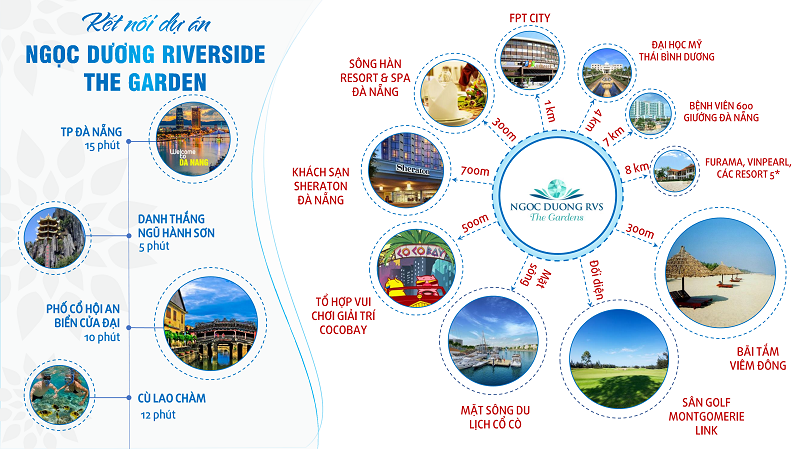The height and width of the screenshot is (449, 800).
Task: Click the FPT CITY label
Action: (x=530, y=18)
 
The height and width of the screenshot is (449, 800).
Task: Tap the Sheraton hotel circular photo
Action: (x=407, y=170)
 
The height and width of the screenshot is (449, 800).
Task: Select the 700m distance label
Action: (x=475, y=171)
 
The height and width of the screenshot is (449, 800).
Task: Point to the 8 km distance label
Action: (x=637, y=168)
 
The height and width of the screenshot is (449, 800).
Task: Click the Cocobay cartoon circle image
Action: (x=417, y=269)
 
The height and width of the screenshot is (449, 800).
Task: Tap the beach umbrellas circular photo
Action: (x=721, y=273)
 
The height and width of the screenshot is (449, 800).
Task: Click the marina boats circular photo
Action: (x=493, y=341)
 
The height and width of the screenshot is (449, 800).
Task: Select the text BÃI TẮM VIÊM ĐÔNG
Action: (x=758, y=358)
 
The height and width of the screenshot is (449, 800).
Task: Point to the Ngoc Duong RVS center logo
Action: (x=557, y=201)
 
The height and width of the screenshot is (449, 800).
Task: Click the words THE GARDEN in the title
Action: (x=145, y=82)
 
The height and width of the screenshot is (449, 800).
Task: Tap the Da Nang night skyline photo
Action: (x=193, y=139)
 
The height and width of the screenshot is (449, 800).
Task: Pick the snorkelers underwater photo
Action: (x=59, y=395)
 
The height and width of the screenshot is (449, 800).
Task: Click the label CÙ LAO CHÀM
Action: (x=171, y=398)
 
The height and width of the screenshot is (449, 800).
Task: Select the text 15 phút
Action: (x=103, y=145)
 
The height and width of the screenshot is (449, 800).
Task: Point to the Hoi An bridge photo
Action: (x=210, y=324)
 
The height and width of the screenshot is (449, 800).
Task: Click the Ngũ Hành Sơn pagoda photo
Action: (x=55, y=238)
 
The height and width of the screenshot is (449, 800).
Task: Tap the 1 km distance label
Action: (x=549, y=111)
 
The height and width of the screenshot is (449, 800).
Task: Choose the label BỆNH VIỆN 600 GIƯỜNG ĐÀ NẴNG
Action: (x=721, y=112)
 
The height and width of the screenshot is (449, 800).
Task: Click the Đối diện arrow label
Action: (x=596, y=280)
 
